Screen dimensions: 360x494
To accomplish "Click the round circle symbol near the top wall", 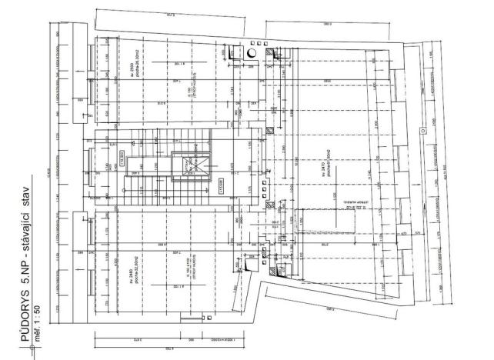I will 251,53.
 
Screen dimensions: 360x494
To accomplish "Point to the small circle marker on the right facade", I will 422,131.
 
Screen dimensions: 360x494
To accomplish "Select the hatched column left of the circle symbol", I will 231,53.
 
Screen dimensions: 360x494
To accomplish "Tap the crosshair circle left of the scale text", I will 32,347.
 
